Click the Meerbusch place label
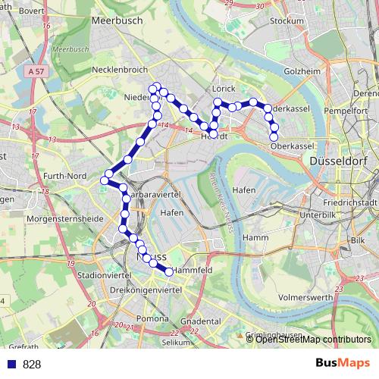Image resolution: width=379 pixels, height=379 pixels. tap(117, 21)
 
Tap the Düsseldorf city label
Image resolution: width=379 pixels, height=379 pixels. tap(337, 161)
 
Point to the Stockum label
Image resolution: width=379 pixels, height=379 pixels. tap(287, 21)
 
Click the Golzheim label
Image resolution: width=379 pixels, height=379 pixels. tap(302, 71)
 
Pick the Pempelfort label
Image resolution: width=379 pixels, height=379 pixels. tap(345, 111)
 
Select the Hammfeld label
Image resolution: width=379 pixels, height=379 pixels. tap(191, 270)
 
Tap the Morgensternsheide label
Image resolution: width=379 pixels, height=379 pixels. tap(53, 218)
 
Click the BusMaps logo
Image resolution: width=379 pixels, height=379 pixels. tap(343, 363)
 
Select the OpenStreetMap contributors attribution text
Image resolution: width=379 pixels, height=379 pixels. tap(312, 339)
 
